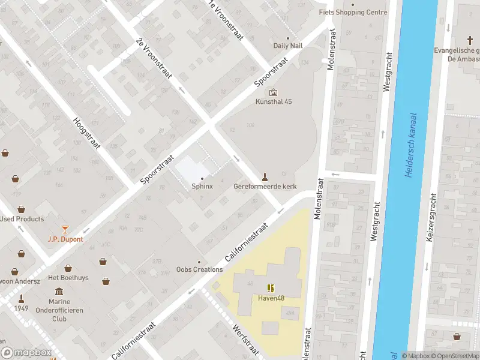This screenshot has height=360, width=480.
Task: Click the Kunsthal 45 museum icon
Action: click(x=274, y=92)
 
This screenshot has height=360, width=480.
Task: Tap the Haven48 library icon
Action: click(x=271, y=288)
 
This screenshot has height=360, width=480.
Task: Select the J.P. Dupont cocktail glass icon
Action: click(x=65, y=229)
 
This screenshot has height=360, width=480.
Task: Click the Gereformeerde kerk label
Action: click(x=265, y=187)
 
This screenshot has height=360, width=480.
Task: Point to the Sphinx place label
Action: click(x=202, y=187)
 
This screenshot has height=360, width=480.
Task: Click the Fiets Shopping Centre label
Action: click(x=352, y=12)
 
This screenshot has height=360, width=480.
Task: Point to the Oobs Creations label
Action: click(x=200, y=269)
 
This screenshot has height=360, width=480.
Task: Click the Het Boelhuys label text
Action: click(x=68, y=277)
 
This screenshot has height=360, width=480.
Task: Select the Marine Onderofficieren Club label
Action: click(x=67, y=310)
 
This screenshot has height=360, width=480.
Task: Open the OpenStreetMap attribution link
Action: click(x=450, y=356)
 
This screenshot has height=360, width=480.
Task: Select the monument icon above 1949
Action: click(x=22, y=298)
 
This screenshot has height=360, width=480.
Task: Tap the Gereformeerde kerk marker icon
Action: click(x=264, y=176)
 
